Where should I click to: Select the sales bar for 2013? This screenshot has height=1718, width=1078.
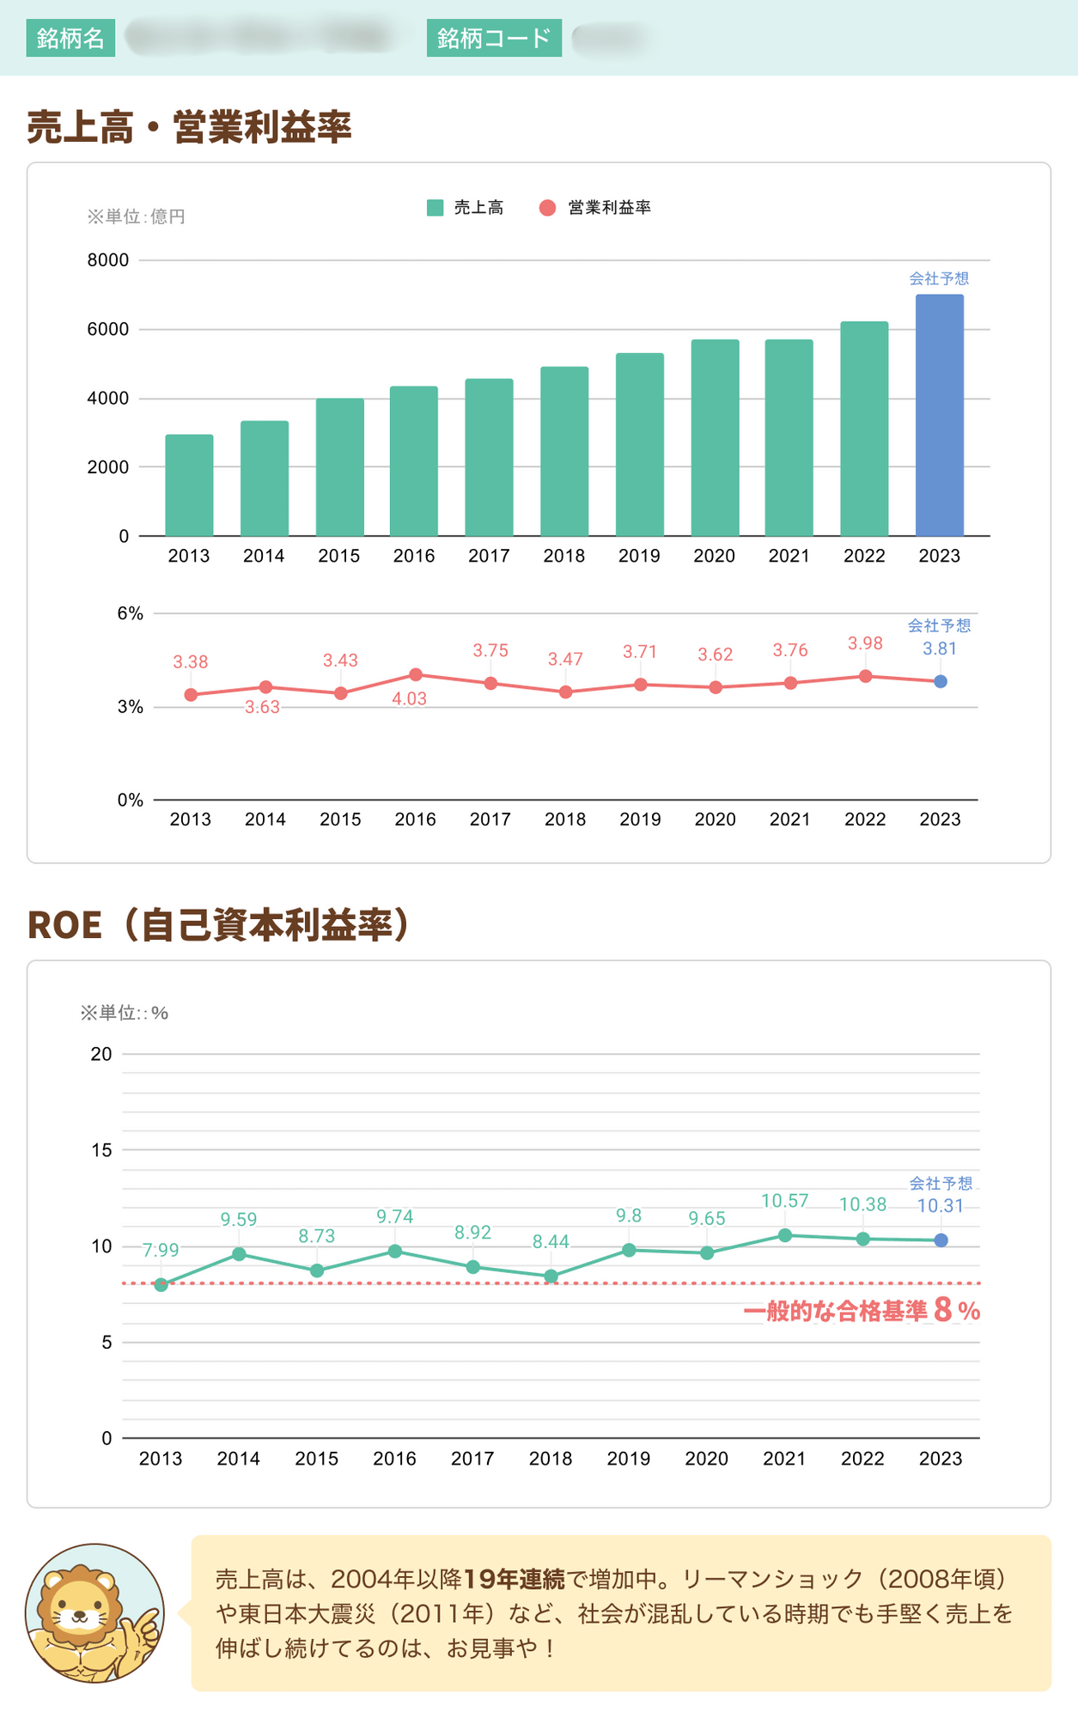pos(189,485)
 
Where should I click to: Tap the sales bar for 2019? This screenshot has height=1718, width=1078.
pos(639,444)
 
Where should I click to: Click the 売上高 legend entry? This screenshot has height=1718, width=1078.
pos(466,208)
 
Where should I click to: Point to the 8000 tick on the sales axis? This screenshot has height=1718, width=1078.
pos(108,260)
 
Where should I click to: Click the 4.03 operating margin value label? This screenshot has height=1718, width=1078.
pos(409,699)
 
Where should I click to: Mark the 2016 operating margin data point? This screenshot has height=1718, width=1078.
pos(416,674)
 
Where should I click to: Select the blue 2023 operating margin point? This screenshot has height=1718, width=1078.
pos(941,681)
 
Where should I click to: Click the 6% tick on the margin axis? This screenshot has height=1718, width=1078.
pos(131,613)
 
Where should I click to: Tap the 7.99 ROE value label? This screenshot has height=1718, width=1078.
pos(161,1251)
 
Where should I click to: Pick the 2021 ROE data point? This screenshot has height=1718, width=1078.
pos(785,1235)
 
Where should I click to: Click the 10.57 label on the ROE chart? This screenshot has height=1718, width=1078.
pos(784,1201)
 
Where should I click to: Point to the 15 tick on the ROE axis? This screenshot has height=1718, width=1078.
pos(102,1150)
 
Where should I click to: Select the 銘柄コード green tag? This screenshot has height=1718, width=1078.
pos(494,38)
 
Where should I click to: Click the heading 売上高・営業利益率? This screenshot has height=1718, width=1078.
pos(190,127)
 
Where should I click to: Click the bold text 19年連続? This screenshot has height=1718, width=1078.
pos(514,1579)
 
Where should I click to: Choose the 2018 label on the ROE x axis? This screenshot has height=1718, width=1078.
pos(551,1459)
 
